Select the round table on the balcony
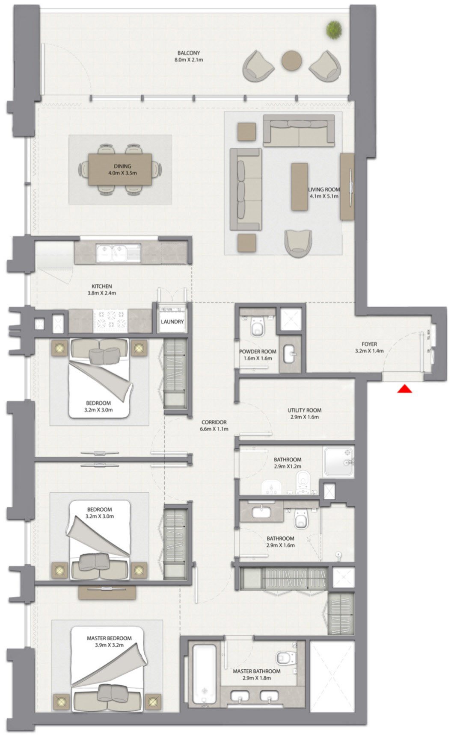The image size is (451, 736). [292, 60]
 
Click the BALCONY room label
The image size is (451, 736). [188, 53]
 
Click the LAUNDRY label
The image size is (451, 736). [172, 322]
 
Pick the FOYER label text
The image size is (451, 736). [369, 344]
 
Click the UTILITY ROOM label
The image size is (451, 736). [304, 410]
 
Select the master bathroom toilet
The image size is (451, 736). [284, 657]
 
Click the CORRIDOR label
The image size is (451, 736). [214, 422]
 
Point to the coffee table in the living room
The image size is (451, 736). [300, 186]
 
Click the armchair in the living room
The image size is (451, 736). [298, 242]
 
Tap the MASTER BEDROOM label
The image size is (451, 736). [109, 638]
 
